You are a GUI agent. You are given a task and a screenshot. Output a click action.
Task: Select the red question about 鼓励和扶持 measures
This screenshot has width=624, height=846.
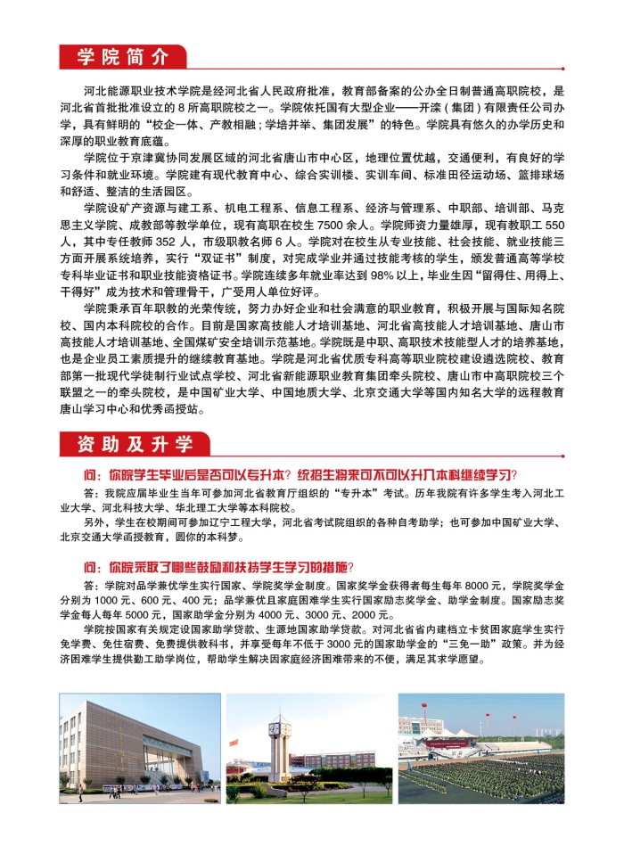[218, 568]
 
